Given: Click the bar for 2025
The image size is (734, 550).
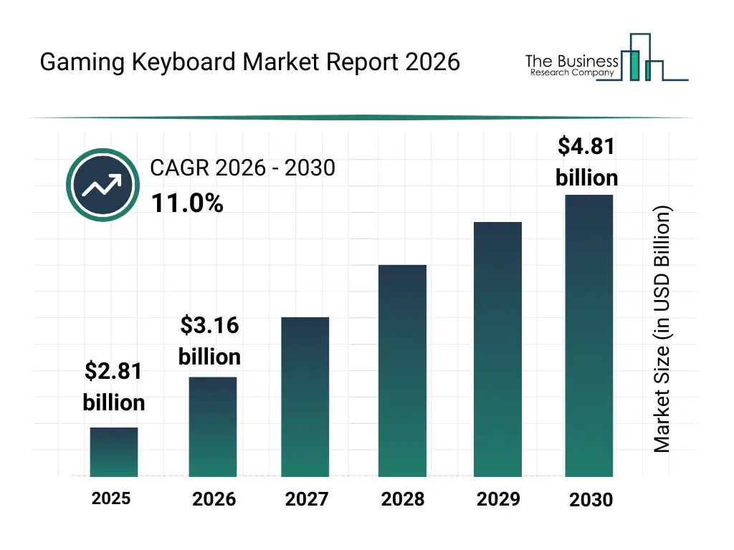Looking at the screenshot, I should [114, 452].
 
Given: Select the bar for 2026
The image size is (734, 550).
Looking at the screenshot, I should [213, 427].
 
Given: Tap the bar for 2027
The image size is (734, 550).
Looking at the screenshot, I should [305, 397].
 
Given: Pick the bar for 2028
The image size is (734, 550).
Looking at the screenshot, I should [402, 371].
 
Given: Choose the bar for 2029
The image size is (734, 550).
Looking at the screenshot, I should [498, 349].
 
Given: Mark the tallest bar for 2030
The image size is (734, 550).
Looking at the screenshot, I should [589, 335].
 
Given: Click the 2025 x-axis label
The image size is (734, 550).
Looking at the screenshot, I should [111, 498].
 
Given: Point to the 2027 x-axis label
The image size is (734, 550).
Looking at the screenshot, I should [307, 499].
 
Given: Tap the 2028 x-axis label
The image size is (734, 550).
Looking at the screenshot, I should [403, 499].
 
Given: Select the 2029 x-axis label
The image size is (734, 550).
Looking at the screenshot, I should [498, 499].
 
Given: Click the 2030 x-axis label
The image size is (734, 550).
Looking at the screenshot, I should [591, 500].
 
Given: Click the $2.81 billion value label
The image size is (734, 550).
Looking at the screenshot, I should [114, 387].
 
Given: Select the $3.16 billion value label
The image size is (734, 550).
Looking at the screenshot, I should [209, 341].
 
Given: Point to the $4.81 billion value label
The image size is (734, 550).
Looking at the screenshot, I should [586, 162].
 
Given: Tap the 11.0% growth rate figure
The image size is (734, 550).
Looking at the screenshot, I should [187, 204].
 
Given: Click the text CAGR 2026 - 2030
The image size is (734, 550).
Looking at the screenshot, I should [242, 168].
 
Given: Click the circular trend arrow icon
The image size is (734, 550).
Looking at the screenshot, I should [103, 185].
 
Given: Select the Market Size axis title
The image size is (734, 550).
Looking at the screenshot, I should [662, 329].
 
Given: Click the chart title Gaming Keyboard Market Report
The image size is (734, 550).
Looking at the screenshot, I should [249, 62].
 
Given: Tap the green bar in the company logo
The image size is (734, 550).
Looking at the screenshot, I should [633, 65].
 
